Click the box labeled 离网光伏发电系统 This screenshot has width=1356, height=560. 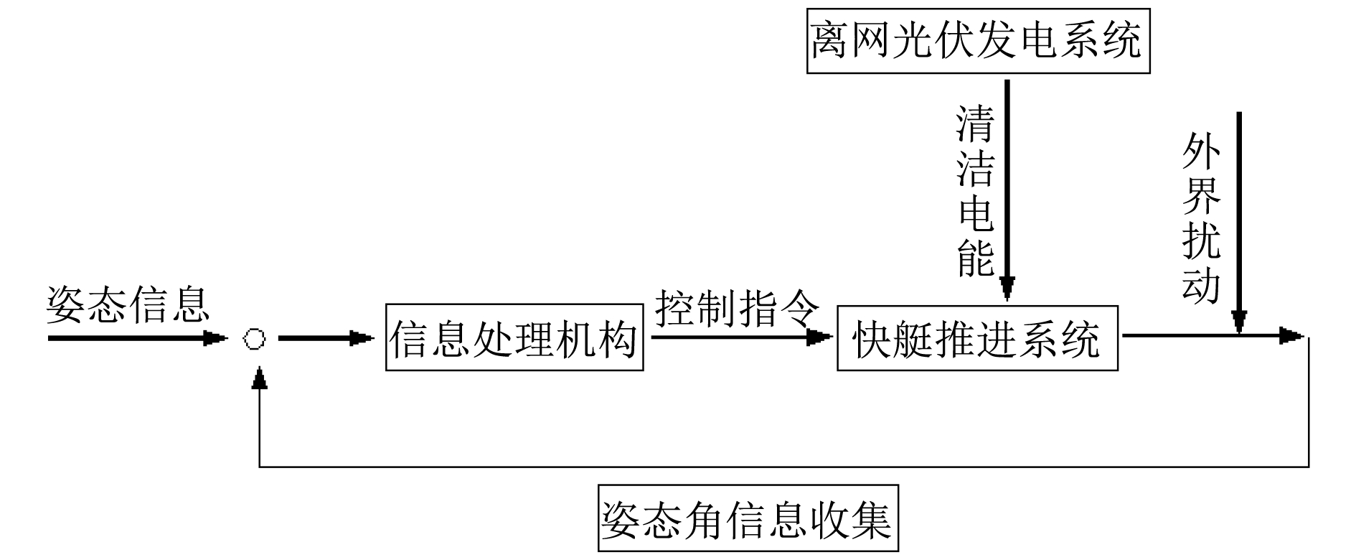[978, 40]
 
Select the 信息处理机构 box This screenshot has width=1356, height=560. [514, 338]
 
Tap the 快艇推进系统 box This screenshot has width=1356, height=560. [976, 339]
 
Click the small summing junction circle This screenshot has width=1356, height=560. [255, 339]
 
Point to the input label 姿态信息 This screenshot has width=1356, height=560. [128, 305]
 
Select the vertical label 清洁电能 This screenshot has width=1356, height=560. [976, 191]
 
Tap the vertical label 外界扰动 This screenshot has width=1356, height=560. [1201, 218]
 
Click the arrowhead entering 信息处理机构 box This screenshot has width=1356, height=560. [362, 338]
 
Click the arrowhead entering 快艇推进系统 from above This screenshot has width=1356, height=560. [1007, 287]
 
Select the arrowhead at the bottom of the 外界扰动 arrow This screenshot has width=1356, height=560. [1239, 322]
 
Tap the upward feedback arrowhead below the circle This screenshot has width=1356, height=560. [260, 378]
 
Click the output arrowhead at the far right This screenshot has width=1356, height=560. [1292, 335]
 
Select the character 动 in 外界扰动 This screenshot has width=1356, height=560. [1201, 285]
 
